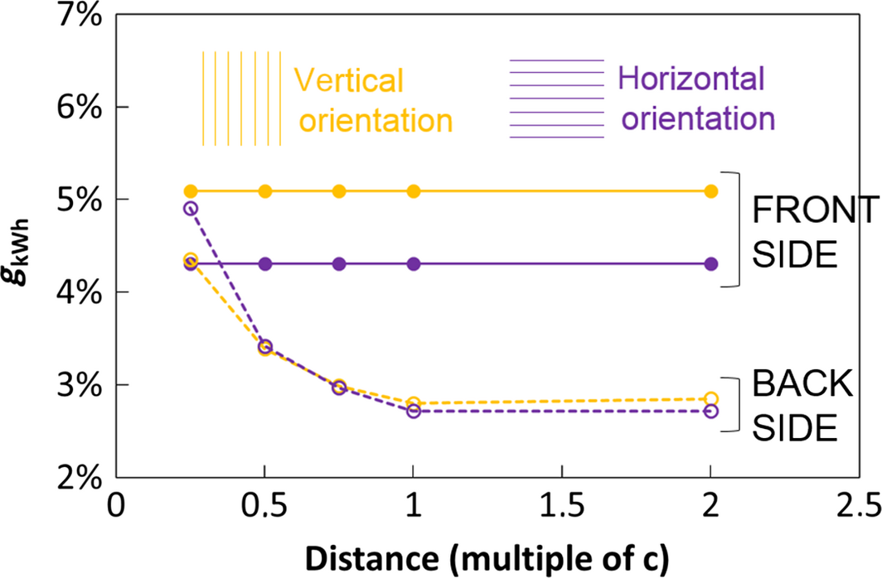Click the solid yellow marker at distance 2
(x=711, y=191)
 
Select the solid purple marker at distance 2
(x=711, y=263)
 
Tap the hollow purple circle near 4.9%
(x=191, y=209)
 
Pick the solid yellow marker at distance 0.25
(x=191, y=191)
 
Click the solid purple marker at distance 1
(x=414, y=263)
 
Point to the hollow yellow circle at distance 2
(x=711, y=398)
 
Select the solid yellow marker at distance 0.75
(x=339, y=191)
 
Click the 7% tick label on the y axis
(x=77, y=16)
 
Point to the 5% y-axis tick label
(x=77, y=200)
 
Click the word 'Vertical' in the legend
(x=349, y=81)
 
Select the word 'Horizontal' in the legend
(x=691, y=79)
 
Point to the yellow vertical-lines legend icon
(x=242, y=99)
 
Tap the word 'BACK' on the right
(x=792, y=385)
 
